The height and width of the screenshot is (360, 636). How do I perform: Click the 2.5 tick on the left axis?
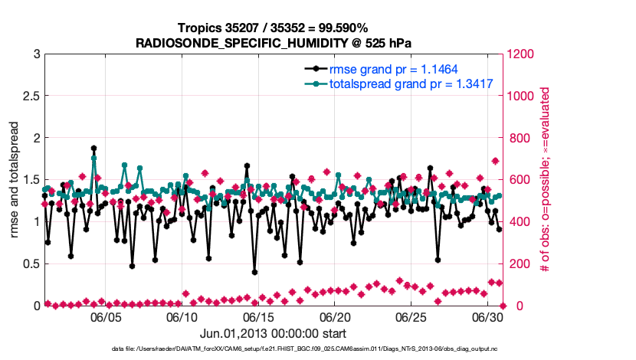(31, 96)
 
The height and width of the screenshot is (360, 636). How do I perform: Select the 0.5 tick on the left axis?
(31, 263)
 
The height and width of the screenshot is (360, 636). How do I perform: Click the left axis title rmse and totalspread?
(15, 179)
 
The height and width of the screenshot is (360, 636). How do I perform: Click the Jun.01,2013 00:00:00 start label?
(274, 333)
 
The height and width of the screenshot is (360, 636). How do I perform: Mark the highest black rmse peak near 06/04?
(93, 149)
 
